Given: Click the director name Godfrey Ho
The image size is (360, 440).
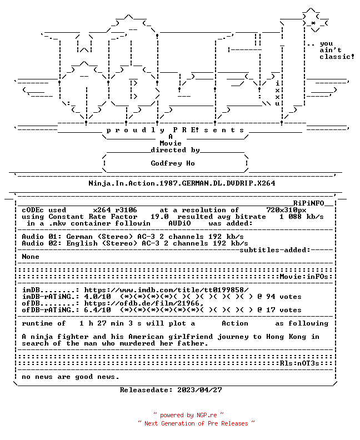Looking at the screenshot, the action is [173, 163].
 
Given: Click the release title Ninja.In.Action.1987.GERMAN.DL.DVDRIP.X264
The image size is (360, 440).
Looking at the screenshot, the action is [182, 183].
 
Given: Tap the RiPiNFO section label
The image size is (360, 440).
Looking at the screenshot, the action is [309, 203].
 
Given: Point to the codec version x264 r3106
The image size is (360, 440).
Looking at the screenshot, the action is [115, 210].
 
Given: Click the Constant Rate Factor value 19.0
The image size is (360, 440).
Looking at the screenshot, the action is [159, 217].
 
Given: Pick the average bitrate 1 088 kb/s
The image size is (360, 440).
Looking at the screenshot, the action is [301, 217].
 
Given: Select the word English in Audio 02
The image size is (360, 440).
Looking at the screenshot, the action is [82, 243].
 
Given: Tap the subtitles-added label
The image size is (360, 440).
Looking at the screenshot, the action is [274, 250].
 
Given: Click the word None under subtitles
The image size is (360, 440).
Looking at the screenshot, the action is [31, 257].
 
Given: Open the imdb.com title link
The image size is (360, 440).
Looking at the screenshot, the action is [166, 290].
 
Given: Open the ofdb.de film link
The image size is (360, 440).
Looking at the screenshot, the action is [144, 303].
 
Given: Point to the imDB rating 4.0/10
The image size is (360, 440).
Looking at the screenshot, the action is [97, 297].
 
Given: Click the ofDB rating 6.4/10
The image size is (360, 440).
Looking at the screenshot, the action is [97, 310].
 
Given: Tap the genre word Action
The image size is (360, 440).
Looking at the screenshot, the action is [235, 323].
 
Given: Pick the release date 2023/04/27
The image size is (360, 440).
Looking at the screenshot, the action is [199, 390].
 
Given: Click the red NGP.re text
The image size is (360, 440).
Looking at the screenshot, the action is [207, 415].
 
